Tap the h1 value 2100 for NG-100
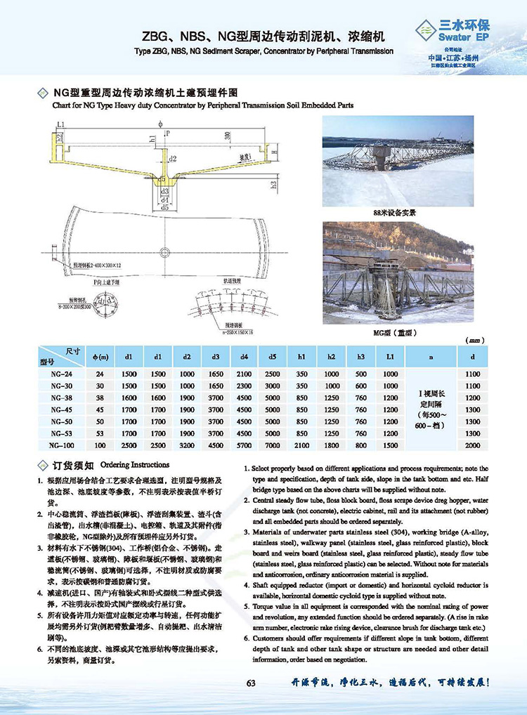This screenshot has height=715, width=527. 302,445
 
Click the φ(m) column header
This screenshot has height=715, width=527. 100,357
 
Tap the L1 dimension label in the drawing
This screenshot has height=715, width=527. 62,124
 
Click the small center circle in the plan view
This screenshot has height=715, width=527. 167,249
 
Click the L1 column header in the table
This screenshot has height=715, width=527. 390,357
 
